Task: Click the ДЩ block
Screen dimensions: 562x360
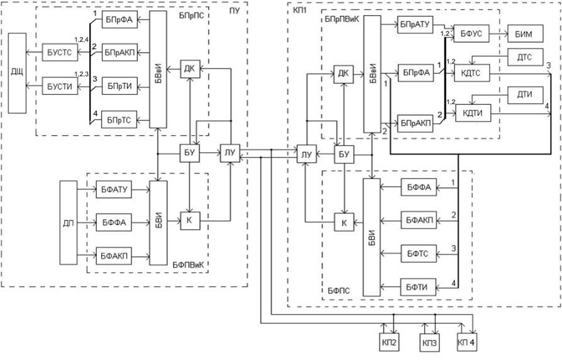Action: tap(17, 73)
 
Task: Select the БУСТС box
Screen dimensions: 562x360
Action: tap(60, 52)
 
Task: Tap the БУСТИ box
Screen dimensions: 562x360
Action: tap(60, 86)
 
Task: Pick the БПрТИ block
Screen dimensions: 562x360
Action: tap(119, 86)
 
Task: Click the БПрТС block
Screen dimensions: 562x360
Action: tap(119, 120)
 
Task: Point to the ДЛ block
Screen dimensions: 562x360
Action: tap(69, 222)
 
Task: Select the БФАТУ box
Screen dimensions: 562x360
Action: tap(114, 189)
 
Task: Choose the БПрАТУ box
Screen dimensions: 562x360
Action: tap(416, 25)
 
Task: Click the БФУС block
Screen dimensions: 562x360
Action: tap(471, 34)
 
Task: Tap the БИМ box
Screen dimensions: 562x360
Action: tap(525, 34)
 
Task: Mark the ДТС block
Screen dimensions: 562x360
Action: tap(525, 57)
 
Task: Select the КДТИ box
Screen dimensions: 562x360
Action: tap(473, 113)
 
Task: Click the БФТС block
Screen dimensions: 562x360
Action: tap(419, 254)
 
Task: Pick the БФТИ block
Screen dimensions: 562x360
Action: tap(419, 287)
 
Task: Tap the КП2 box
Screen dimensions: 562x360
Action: tap(389, 342)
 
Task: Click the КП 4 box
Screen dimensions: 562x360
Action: tap(466, 342)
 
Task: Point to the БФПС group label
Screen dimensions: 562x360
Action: tap(339, 291)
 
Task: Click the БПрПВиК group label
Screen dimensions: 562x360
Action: tap(341, 19)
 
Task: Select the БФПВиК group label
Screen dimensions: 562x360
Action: tap(188, 265)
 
